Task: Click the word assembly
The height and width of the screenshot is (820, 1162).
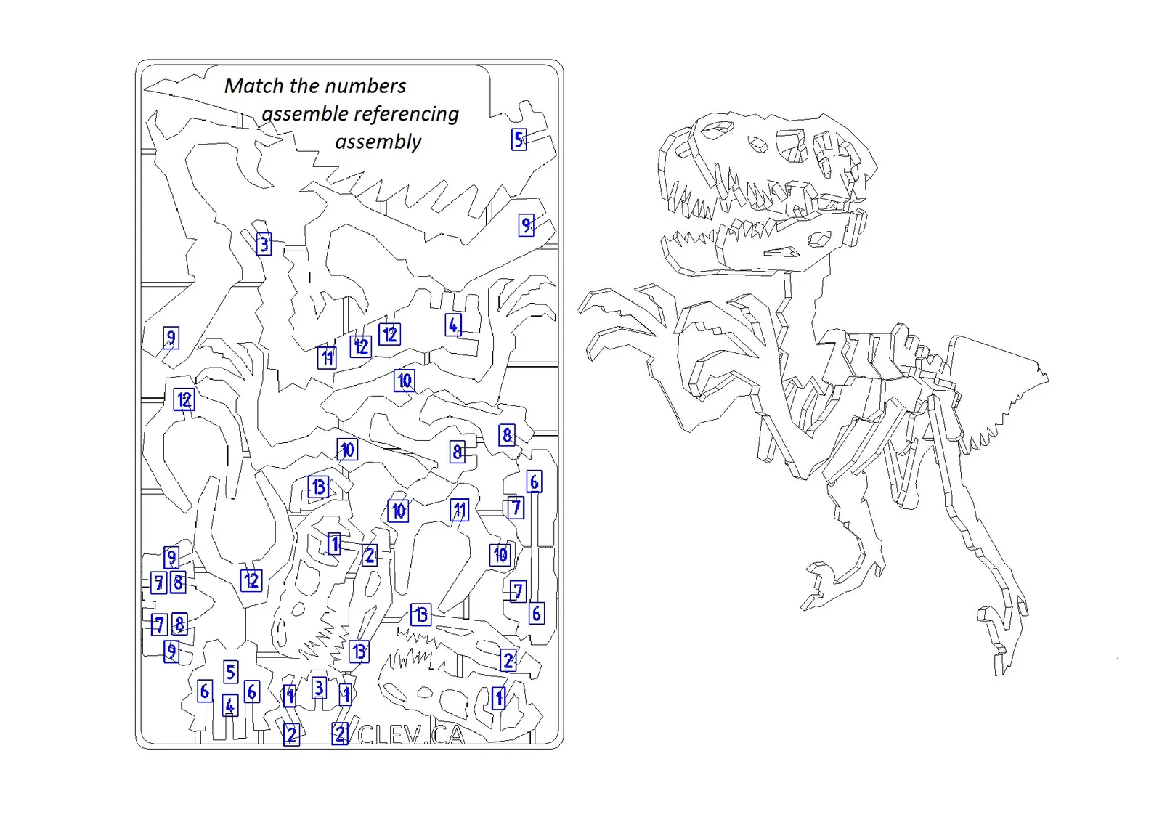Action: coord(378,142)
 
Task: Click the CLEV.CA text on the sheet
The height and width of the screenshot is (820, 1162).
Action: coord(411,734)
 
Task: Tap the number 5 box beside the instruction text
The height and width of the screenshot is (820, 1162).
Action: coord(519,139)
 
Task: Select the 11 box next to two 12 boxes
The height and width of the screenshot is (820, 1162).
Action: coord(327,357)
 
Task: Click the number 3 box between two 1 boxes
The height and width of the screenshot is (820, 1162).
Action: coord(319,689)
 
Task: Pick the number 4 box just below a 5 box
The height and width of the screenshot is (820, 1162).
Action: coord(230,705)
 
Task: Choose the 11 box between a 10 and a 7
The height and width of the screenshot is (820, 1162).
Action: coord(460,510)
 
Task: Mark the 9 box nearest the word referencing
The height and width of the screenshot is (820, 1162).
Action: coord(527,225)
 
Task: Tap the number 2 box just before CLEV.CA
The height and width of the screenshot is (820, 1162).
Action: coord(340,734)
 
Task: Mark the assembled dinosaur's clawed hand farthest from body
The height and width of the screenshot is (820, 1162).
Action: coord(617,317)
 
